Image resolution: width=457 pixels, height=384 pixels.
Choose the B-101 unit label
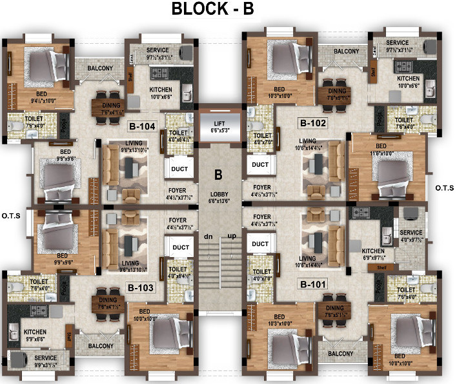pos(312,283)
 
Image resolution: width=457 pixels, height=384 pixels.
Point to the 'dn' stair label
pos(208,237)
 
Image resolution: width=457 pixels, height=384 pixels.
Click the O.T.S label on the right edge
pos(443,188)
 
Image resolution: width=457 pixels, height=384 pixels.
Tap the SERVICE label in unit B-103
pos(45,358)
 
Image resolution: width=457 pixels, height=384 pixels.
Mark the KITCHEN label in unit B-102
pos(409,78)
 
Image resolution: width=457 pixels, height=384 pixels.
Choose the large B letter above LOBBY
pos(218,174)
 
